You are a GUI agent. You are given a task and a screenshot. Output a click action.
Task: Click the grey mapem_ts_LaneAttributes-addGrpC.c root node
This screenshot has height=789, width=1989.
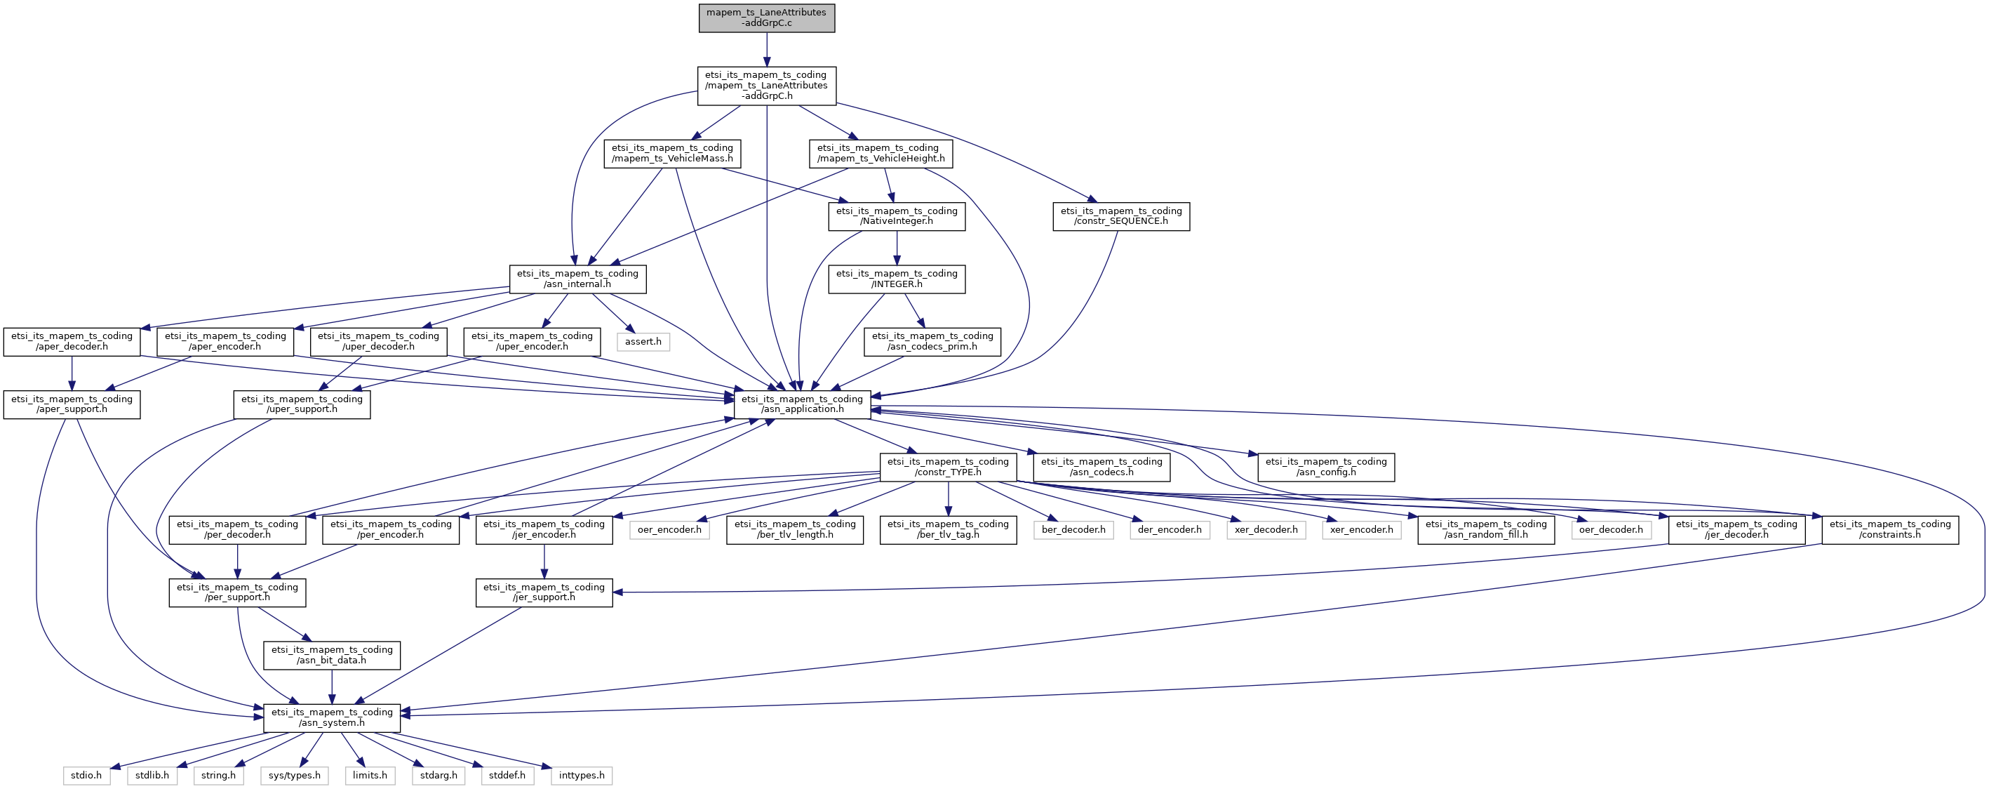(x=766, y=18)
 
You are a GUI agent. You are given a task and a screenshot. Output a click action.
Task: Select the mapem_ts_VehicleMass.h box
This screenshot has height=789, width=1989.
(x=671, y=154)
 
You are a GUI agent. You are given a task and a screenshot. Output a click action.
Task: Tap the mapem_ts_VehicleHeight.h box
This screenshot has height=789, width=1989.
(x=880, y=154)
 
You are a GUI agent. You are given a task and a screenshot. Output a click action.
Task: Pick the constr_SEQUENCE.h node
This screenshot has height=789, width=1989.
(x=1120, y=216)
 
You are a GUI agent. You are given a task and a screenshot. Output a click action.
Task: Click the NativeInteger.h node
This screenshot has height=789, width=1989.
(x=897, y=216)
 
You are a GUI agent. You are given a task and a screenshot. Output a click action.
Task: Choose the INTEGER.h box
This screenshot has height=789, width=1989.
(x=897, y=279)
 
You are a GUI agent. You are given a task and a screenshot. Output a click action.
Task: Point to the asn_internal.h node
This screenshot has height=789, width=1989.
(x=577, y=279)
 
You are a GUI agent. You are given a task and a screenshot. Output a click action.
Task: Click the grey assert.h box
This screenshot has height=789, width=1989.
(x=643, y=342)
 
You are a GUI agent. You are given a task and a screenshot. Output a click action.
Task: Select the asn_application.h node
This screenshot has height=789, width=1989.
(x=801, y=404)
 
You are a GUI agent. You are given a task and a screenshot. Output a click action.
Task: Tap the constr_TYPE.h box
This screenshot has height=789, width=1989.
(x=947, y=467)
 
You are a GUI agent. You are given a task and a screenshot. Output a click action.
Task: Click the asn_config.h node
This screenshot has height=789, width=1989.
(x=1326, y=467)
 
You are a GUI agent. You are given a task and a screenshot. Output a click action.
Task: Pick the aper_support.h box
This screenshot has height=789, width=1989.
(x=72, y=404)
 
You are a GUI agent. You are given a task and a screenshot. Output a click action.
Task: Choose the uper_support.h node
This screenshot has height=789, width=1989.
(x=302, y=404)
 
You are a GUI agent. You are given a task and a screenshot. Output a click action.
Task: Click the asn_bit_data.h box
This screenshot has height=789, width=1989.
(x=331, y=656)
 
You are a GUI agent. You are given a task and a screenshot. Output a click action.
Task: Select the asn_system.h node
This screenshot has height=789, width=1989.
(x=331, y=718)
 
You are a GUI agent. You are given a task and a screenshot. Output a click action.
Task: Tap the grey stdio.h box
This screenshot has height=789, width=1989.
(x=86, y=775)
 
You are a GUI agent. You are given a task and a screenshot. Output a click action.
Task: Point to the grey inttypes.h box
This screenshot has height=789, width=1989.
(x=582, y=775)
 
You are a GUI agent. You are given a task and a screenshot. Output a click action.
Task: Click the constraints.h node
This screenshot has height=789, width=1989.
(x=1889, y=529)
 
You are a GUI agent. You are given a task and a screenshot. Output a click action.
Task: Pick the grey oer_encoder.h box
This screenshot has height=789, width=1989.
(x=669, y=530)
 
